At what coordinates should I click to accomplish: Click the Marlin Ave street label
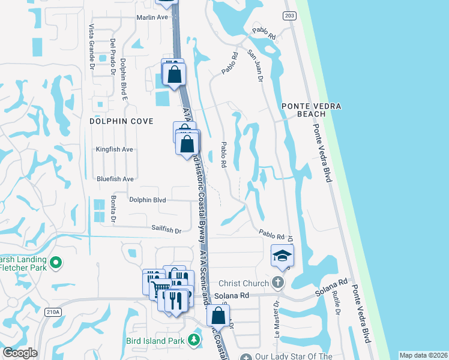[x=152, y=17]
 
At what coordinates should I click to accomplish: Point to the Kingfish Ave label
[x=115, y=149]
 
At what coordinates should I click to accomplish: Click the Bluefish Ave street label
[x=115, y=179]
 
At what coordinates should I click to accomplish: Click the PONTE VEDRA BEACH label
[x=312, y=110]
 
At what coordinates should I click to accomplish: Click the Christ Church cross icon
[x=277, y=282]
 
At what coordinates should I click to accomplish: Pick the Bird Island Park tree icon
[x=194, y=341]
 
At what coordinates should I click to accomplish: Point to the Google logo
[x=20, y=353]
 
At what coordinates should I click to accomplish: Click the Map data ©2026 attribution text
[x=424, y=355]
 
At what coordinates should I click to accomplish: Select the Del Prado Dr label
[x=112, y=57]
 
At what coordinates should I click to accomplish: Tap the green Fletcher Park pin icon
[x=56, y=262]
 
